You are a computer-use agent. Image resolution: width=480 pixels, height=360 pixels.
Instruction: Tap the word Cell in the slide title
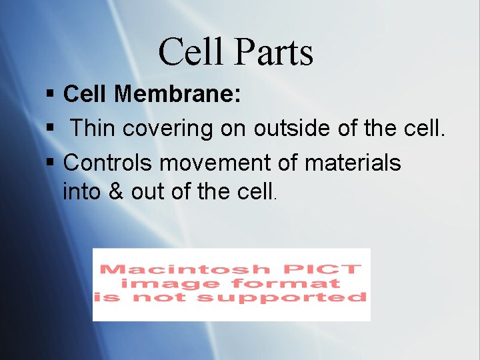189,52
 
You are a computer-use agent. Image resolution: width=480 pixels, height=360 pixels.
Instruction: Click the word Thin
92,128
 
